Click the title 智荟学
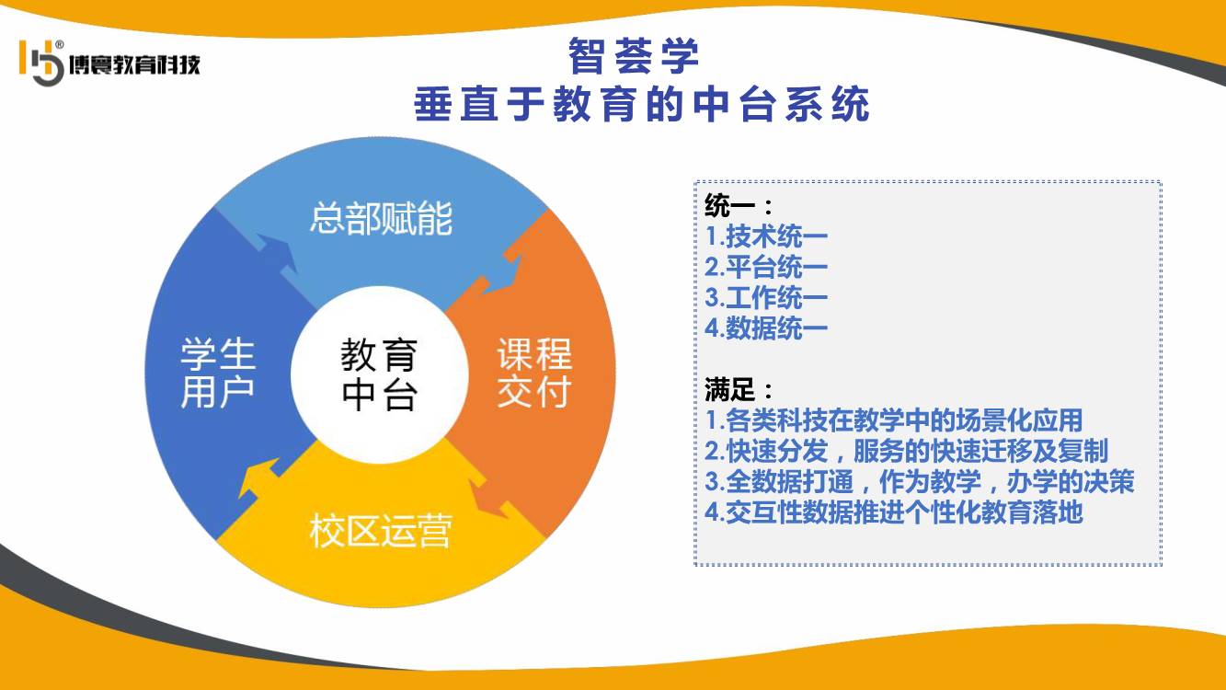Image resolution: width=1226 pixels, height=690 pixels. [x=634, y=55]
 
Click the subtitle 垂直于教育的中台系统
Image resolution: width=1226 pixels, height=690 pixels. [x=641, y=103]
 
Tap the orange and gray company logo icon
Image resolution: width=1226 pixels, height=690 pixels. [x=41, y=63]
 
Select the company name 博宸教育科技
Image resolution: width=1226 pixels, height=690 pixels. [x=134, y=64]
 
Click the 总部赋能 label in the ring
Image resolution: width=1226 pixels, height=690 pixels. [x=382, y=218]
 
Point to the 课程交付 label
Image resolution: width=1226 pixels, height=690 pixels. [x=534, y=373]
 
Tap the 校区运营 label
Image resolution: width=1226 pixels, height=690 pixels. [x=381, y=530]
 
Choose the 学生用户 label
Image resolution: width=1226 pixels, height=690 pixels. [x=218, y=373]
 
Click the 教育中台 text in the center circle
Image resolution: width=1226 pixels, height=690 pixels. [x=379, y=374]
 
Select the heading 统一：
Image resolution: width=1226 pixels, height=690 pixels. [x=739, y=206]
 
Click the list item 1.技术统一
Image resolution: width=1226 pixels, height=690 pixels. [x=766, y=236]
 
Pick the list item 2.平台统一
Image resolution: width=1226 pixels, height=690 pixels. [x=766, y=267]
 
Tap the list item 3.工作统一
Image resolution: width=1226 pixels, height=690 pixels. [x=766, y=298]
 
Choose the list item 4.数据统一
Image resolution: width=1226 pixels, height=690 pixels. [x=766, y=328]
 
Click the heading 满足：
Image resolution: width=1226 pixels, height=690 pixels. [x=739, y=390]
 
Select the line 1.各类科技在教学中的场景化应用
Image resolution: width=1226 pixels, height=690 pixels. [x=894, y=420]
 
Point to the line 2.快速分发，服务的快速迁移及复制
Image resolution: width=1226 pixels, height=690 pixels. [x=906, y=451]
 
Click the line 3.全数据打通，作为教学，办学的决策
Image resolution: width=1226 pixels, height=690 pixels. [x=920, y=482]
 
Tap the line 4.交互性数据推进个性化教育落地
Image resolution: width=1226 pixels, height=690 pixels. [x=894, y=512]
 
